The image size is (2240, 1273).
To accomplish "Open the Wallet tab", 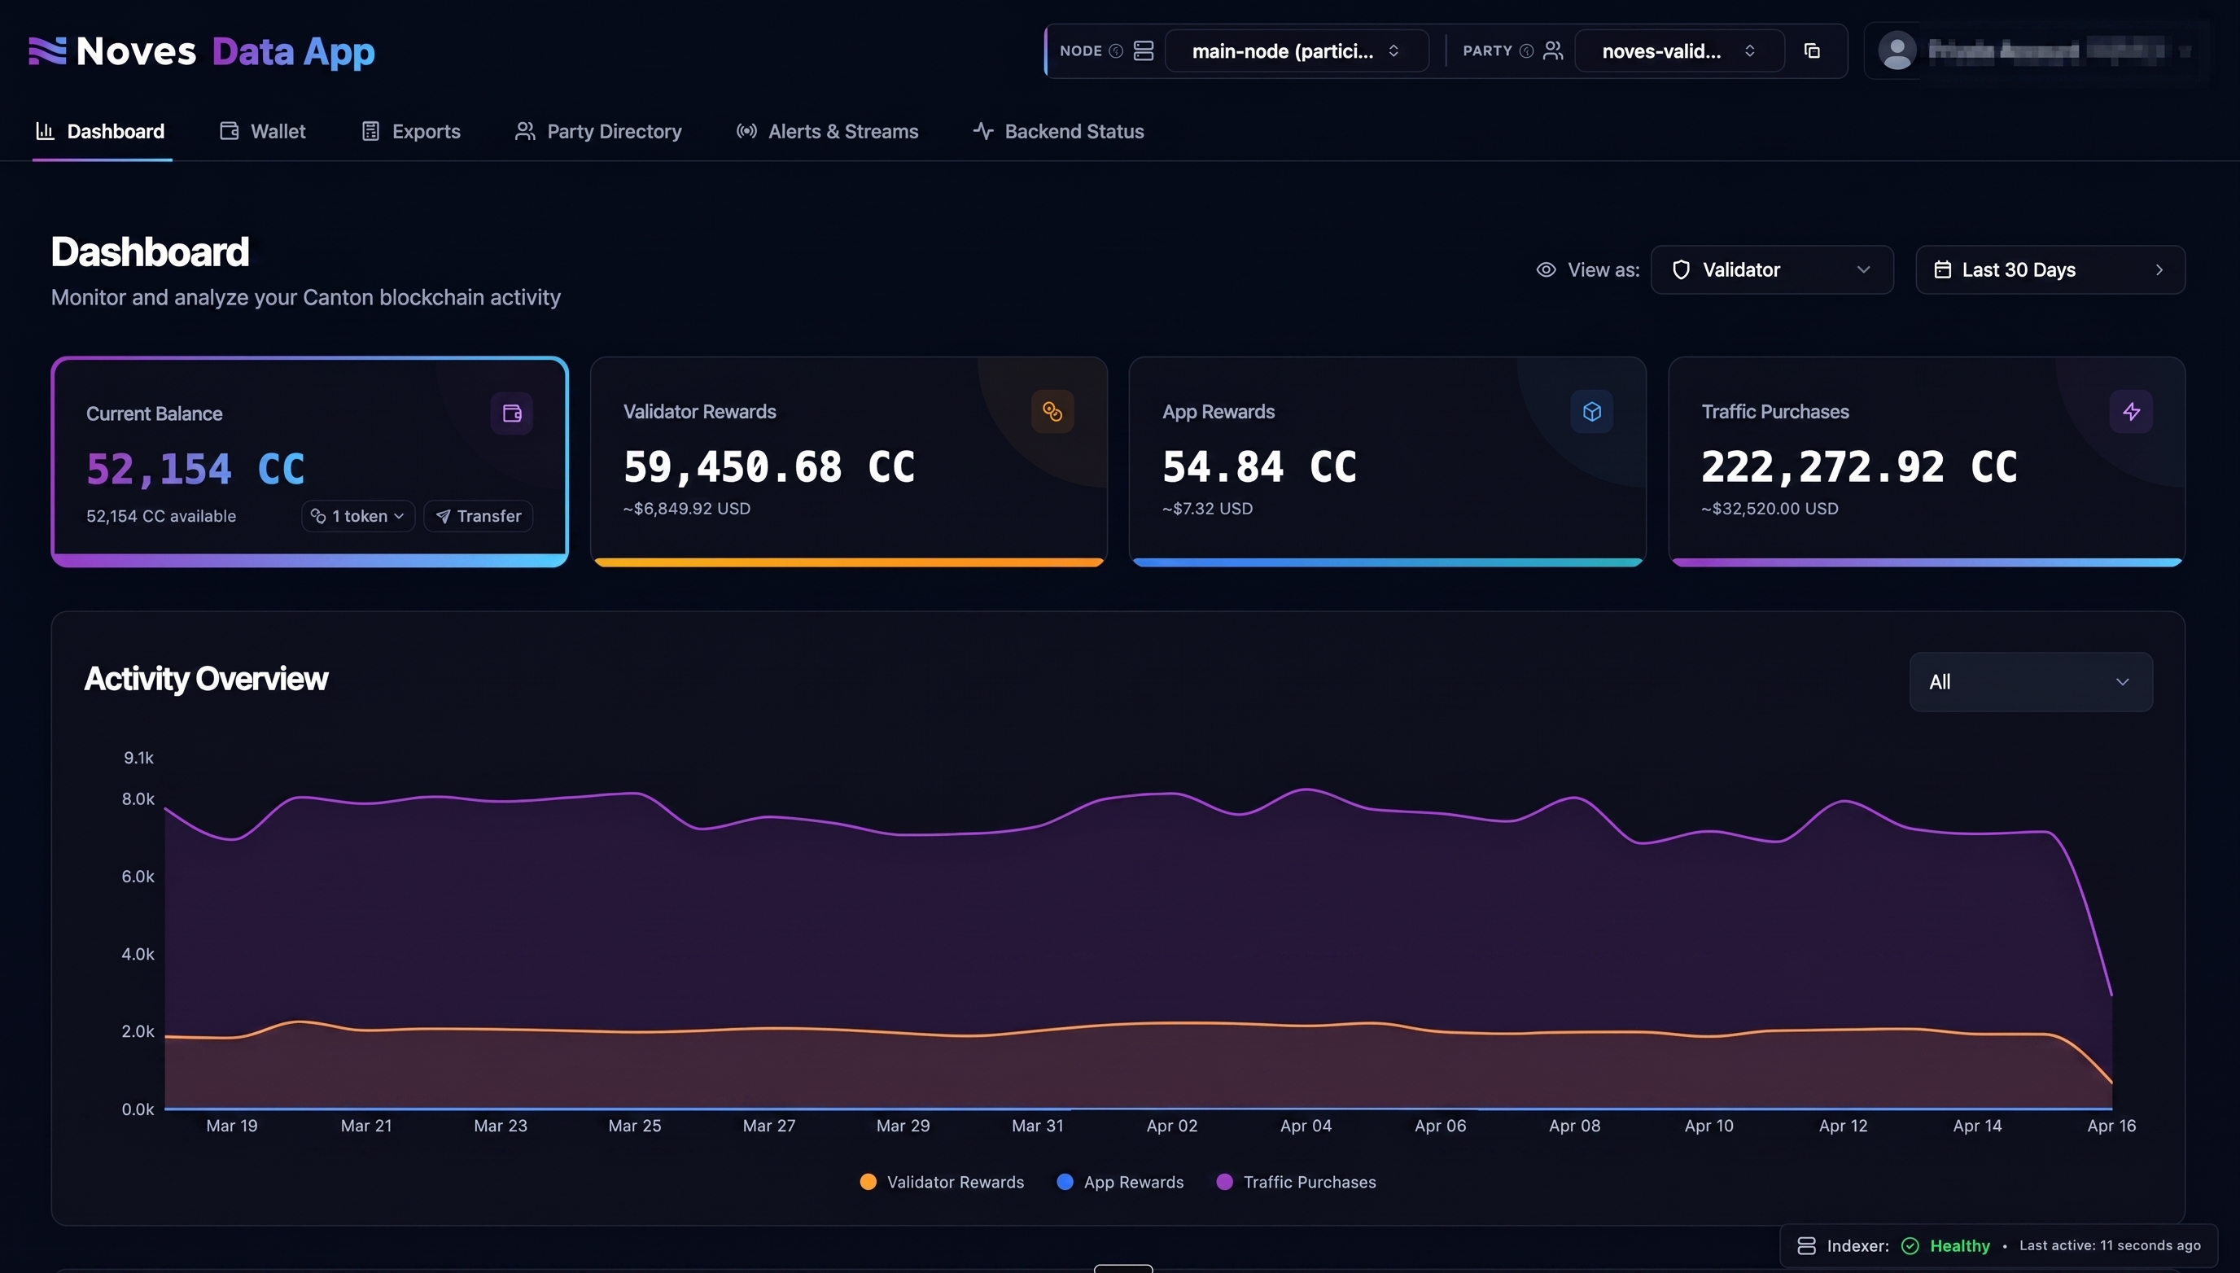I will tap(262, 131).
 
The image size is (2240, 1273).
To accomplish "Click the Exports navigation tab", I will tap(411, 131).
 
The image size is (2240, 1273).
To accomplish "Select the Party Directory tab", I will tap(598, 131).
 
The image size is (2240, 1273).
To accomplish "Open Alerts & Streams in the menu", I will tap(827, 131).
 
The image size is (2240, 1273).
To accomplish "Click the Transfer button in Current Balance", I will tap(479, 516).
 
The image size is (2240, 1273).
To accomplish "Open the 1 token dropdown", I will tap(357, 516).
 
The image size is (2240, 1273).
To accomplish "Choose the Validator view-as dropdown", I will tap(1771, 269).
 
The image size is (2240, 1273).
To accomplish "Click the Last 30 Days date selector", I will tap(2050, 269).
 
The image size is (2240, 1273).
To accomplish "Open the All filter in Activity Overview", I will tap(2030, 682).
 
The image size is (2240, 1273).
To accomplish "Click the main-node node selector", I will tap(1296, 50).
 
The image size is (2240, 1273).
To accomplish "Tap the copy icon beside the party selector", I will tap(1812, 50).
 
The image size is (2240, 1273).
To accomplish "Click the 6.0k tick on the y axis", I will tap(138, 876).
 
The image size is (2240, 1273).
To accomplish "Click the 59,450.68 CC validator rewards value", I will tap(768, 467).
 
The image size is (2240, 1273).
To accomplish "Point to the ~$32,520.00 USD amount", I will tap(1770, 509).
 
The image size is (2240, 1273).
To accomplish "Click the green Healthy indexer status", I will tap(1958, 1246).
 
